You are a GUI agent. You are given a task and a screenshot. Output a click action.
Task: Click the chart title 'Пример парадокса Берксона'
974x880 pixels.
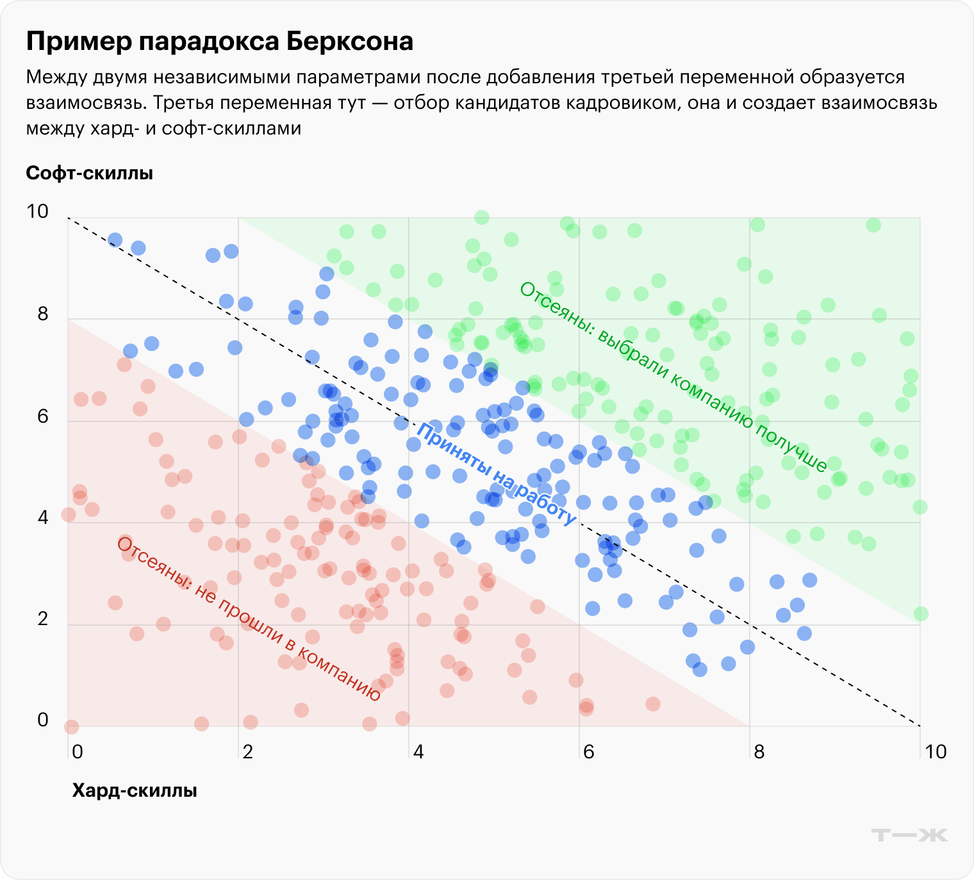[x=219, y=42]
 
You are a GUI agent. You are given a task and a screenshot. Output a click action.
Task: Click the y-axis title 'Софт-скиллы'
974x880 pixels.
[x=89, y=174]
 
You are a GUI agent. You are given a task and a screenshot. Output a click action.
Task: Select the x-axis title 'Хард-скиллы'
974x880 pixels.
[x=134, y=791]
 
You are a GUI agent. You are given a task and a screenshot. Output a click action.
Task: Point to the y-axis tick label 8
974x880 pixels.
[x=42, y=314]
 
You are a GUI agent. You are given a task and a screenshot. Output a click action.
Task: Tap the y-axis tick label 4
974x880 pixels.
[x=43, y=517]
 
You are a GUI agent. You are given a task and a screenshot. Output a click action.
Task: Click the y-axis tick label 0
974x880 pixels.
[x=43, y=721]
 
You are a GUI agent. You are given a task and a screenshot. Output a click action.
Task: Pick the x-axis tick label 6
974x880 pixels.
[x=588, y=752]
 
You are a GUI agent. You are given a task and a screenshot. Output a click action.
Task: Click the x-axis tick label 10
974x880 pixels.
[x=935, y=752]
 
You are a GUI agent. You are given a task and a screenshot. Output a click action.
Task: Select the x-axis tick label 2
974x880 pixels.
[x=247, y=752]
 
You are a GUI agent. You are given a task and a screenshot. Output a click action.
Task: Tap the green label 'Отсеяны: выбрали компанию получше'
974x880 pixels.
[x=673, y=378]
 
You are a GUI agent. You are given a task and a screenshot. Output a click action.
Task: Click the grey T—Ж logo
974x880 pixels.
[x=909, y=835]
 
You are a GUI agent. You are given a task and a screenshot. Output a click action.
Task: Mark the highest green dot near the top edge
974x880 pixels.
[x=482, y=218]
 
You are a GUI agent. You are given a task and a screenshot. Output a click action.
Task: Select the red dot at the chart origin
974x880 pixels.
[x=71, y=727]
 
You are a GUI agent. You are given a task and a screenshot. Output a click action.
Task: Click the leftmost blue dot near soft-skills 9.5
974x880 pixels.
[x=115, y=240]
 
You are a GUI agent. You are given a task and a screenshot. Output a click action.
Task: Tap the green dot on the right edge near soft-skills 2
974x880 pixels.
[x=921, y=614]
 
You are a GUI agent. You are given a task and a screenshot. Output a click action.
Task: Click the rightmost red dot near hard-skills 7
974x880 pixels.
[x=653, y=704]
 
